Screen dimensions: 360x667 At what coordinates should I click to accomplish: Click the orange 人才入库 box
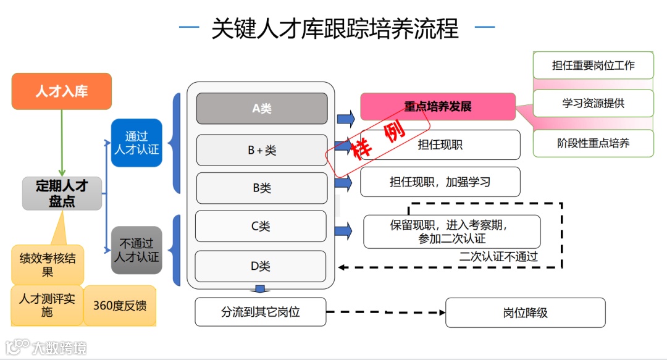62,91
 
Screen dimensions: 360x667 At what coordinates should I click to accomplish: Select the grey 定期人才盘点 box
62,193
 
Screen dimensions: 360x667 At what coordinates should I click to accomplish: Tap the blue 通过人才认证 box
136,143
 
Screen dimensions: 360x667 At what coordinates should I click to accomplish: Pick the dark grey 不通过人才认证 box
136,250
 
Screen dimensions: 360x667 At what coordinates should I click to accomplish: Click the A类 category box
262,109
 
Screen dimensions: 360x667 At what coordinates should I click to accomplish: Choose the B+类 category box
262,150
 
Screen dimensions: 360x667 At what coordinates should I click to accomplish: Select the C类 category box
261,226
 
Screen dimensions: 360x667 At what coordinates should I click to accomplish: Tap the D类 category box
261,267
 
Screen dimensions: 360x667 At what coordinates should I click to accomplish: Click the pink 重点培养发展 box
438,106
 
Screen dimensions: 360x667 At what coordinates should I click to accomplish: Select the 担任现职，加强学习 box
440,182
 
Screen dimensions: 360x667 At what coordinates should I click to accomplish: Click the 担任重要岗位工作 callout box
593,65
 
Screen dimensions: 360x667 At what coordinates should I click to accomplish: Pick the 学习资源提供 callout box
593,103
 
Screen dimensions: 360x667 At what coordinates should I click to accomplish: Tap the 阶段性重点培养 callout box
593,144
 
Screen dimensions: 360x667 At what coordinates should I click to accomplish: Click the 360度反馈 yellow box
120,306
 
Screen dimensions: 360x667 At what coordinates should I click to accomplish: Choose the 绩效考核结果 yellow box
48,264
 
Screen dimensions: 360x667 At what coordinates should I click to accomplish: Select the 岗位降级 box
526,312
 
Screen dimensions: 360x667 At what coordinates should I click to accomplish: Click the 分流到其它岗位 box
260,312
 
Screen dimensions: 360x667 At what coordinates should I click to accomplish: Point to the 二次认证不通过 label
498,257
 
